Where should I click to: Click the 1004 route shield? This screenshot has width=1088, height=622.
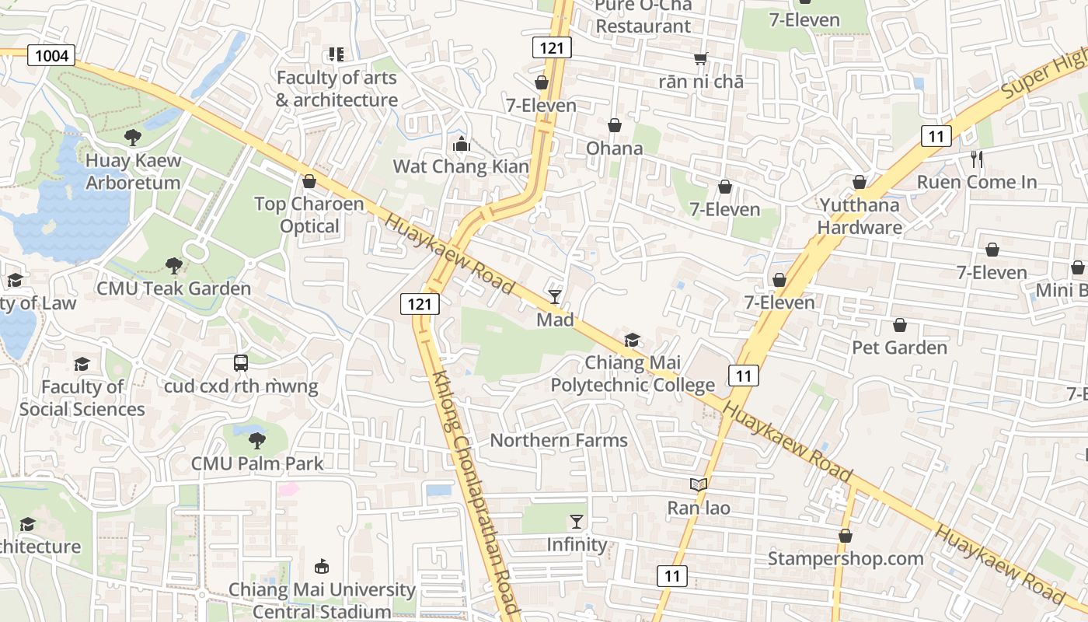tap(52, 55)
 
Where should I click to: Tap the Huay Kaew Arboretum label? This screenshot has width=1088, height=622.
tap(133, 172)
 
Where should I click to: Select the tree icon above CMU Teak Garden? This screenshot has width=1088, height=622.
tap(174, 266)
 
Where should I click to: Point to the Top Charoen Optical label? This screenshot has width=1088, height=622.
tap(309, 215)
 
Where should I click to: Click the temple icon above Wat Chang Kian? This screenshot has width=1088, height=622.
tap(461, 144)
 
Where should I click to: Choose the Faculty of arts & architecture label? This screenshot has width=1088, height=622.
tap(337, 89)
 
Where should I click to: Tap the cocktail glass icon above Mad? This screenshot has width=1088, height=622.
tap(555, 296)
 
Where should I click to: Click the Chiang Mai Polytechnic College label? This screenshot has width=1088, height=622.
tap(633, 374)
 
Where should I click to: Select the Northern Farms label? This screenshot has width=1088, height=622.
tap(558, 441)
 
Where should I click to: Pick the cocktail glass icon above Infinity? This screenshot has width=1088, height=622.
tap(576, 521)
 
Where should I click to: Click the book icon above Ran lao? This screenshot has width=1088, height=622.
tap(699, 485)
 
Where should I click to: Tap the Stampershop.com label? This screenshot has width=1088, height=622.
tap(846, 558)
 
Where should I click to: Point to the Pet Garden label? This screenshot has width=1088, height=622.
tap(899, 347)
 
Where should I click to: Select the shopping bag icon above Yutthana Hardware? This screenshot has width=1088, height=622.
tap(860, 182)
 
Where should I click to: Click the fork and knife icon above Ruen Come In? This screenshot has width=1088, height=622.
tap(977, 159)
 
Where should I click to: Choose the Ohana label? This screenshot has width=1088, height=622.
tap(614, 148)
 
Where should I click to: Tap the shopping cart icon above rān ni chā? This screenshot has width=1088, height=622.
tap(701, 58)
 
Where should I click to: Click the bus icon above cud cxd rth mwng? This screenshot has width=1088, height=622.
tap(241, 362)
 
